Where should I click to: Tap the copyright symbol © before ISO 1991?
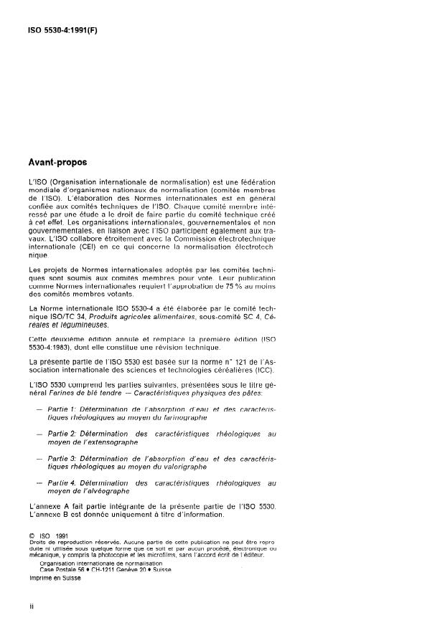[x=32, y=536]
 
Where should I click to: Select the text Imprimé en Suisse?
[x=55, y=578]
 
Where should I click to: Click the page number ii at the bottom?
[x=31, y=606]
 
